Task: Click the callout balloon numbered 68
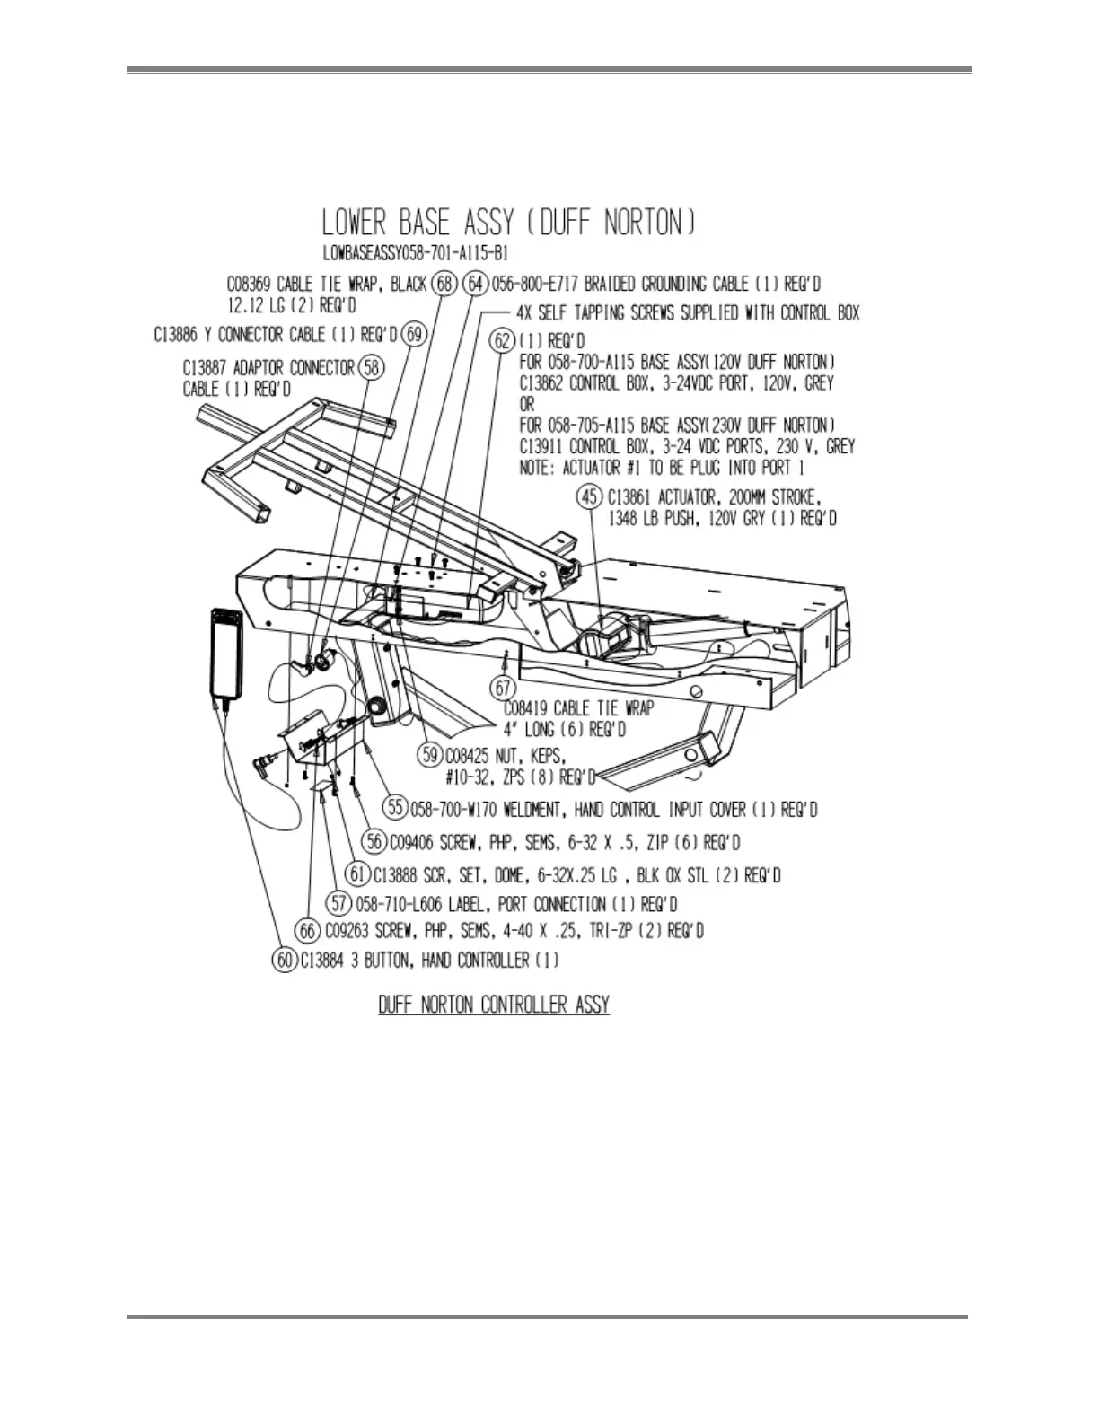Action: point(444,285)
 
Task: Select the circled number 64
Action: point(476,285)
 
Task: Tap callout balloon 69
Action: point(413,335)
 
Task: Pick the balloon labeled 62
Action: point(504,341)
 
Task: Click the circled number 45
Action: point(592,496)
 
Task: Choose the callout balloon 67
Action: point(503,688)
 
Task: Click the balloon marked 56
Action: point(375,842)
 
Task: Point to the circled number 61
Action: point(358,873)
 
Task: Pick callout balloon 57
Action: point(340,903)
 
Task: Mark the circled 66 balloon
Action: point(309,931)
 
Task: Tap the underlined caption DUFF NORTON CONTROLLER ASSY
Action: point(494,1004)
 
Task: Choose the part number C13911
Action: point(549,446)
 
